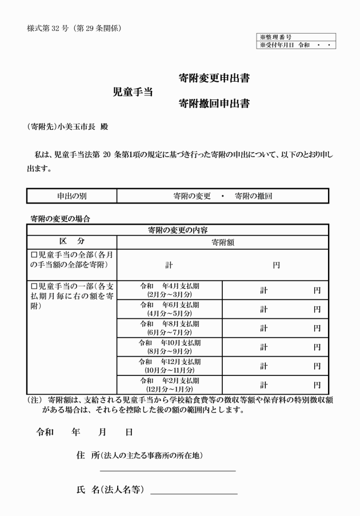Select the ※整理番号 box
[x=296, y=37]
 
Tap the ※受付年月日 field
[x=296, y=44]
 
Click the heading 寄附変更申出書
[x=213, y=78]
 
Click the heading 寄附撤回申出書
[x=213, y=103]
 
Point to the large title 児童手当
[x=133, y=91]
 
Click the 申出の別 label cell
[x=71, y=195]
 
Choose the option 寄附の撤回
[x=253, y=195]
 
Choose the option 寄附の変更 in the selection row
[x=191, y=195]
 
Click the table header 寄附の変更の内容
[x=177, y=230]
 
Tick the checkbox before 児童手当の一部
[x=34, y=285]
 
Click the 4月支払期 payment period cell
[x=169, y=290]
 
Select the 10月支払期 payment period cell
[x=169, y=347]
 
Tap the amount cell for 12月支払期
[x=275, y=366]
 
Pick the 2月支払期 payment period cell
[x=169, y=385]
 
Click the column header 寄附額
[x=222, y=242]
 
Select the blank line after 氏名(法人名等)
[x=194, y=491]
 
